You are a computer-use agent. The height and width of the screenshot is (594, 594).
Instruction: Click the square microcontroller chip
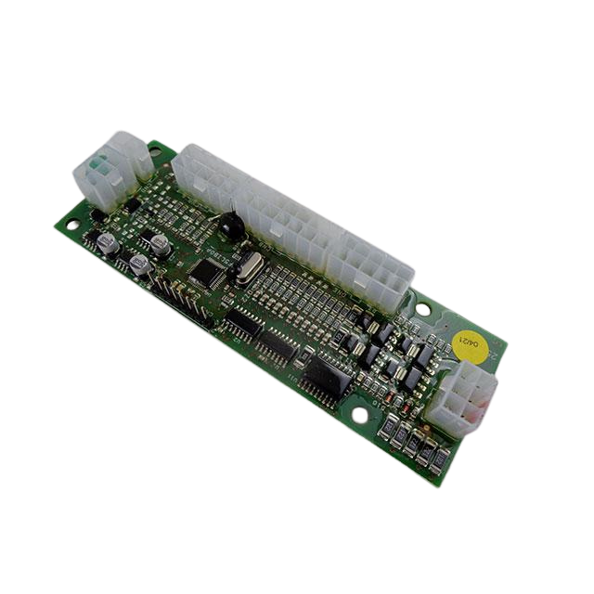pyautogui.click(x=205, y=272)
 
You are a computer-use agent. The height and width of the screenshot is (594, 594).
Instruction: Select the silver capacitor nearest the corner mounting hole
pyautogui.click(x=106, y=243)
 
